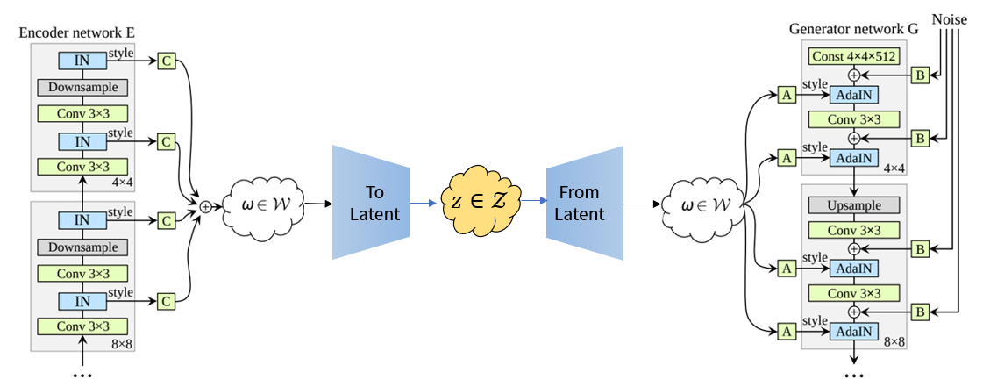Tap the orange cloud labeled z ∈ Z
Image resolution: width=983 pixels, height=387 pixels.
point(480,203)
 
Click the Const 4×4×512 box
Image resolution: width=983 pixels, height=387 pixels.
point(853,56)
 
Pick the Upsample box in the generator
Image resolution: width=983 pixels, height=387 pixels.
point(853,204)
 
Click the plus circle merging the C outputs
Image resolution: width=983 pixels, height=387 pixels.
point(206,206)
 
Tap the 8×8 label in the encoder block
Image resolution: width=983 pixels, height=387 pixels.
point(122,345)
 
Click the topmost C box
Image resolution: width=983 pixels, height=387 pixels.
point(167,61)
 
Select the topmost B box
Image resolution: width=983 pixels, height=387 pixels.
point(920,75)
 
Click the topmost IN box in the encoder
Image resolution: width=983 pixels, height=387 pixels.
point(82,61)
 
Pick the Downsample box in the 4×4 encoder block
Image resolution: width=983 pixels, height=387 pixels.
point(82,88)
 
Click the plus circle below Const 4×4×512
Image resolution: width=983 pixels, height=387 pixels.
point(853,75)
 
